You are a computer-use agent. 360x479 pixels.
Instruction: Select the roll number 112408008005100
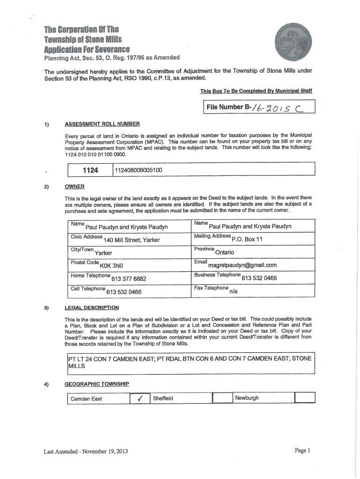139,170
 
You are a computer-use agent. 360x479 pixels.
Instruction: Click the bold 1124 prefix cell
90,170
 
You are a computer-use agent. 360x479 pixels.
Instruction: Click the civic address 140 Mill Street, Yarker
132,240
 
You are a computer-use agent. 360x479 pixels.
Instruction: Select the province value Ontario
225,252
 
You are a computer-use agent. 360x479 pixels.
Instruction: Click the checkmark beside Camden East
139,399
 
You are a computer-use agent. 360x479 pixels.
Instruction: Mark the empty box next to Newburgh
305,398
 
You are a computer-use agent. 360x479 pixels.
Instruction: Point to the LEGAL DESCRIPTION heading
92,308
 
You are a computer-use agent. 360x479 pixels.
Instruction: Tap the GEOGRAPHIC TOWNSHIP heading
96,384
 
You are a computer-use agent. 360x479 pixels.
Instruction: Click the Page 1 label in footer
302,450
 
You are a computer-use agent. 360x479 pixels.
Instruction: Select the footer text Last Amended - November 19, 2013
86,451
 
